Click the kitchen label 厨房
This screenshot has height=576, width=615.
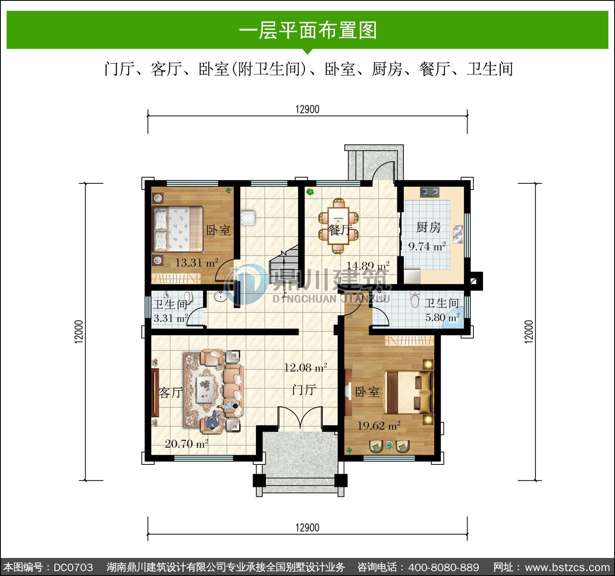tap(428, 228)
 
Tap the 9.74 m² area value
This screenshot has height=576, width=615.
tap(427, 246)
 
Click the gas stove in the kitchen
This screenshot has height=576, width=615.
tap(429, 192)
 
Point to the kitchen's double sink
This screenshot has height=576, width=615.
tap(458, 234)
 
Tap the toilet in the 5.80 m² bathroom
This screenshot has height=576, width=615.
tap(415, 299)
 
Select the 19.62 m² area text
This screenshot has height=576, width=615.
tap(379, 426)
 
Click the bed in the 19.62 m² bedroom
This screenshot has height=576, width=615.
tap(408, 392)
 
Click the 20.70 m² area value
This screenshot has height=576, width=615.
tap(187, 444)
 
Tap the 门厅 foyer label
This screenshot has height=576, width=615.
tap(304, 390)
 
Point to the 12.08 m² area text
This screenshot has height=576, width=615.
tap(305, 368)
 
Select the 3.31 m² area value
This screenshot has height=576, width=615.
tap(171, 318)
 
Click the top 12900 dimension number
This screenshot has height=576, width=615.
tap(307, 110)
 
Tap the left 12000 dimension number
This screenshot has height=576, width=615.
tap(79, 332)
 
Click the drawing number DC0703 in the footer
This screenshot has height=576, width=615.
tap(73, 567)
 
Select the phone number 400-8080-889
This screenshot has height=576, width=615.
tap(444, 567)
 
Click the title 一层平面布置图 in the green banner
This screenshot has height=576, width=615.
tap(308, 30)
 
